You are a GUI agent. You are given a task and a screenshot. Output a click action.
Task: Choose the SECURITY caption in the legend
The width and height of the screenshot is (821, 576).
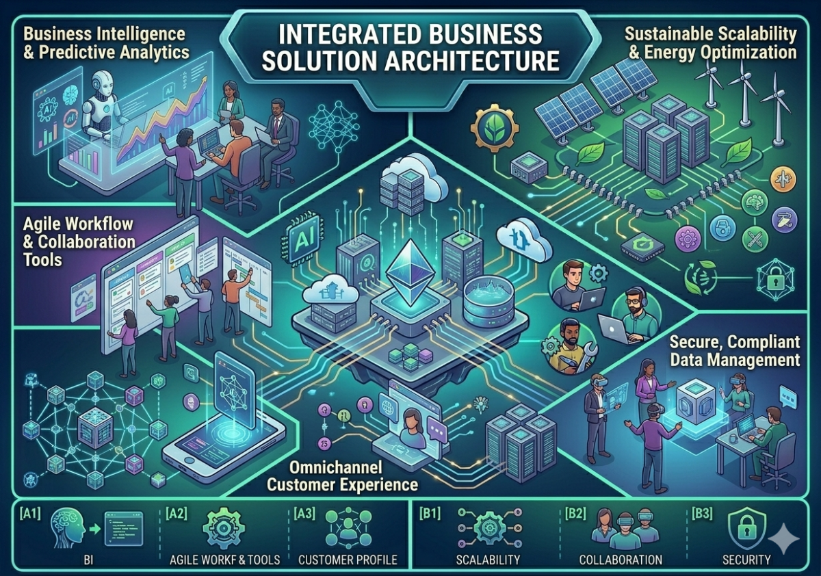click(746, 560)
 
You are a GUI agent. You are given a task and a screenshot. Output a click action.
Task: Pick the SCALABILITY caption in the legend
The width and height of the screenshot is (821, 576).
click(487, 560)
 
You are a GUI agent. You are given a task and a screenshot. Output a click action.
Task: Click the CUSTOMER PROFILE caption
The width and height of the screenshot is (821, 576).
click(348, 560)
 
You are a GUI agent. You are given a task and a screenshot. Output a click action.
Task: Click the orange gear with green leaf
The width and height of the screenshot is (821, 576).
click(494, 128)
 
